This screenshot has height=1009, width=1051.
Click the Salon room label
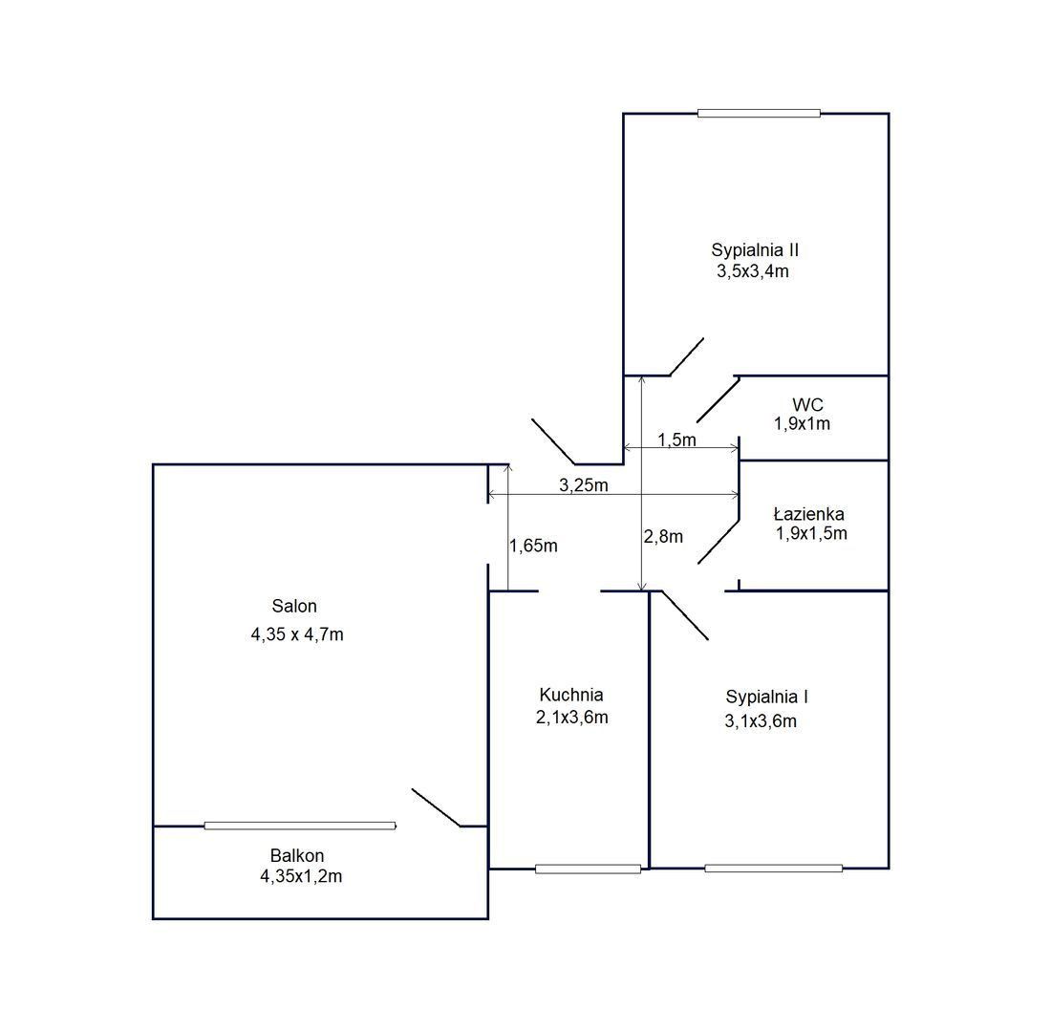click(294, 606)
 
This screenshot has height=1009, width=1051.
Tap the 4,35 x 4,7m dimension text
click(297, 634)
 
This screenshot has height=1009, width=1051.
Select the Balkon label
click(297, 855)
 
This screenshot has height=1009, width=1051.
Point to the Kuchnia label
click(571, 696)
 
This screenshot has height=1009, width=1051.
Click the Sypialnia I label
click(767, 698)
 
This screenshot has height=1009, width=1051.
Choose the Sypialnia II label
click(755, 250)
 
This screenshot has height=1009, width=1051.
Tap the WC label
click(807, 405)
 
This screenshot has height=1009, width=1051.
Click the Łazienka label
click(809, 514)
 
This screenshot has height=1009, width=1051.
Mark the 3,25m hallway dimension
click(584, 484)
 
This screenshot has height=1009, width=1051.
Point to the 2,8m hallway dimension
click(663, 536)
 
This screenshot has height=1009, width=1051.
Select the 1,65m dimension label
click(533, 546)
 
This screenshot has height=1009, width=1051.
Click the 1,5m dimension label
click(677, 440)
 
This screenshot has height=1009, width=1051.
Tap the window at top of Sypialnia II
click(759, 114)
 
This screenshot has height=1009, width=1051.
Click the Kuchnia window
click(588, 869)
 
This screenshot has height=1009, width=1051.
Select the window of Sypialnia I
click(774, 869)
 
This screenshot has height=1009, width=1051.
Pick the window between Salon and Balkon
click(300, 826)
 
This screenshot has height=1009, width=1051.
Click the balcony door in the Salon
click(437, 808)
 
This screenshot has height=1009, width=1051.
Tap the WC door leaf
click(719, 399)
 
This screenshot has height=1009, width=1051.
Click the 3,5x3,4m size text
click(753, 271)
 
